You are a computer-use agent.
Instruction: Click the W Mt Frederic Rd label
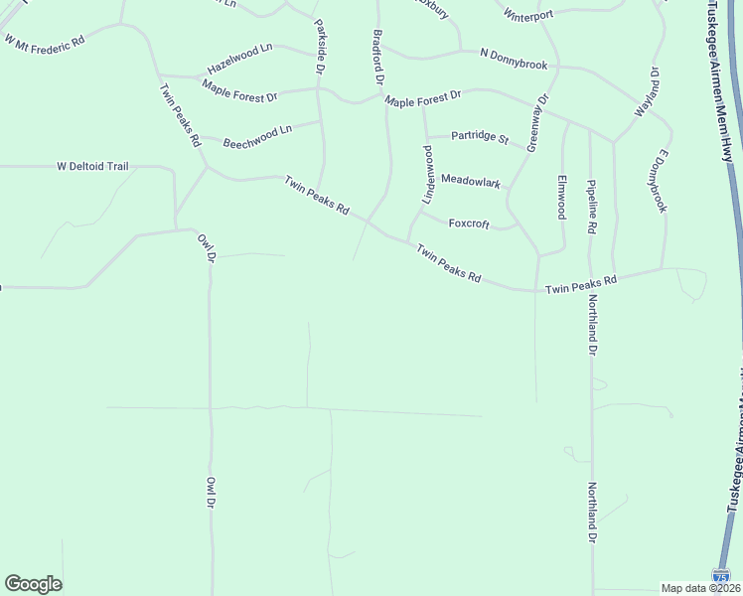pos(45,42)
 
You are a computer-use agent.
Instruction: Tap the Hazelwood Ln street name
pos(239,59)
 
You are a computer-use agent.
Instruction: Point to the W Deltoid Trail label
pos(92,166)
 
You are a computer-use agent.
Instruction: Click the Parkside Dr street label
pos(319,47)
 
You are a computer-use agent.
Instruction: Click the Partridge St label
pos(480,136)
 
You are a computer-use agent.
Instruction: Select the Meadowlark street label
pos(471,181)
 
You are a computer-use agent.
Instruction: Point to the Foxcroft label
pos(469,223)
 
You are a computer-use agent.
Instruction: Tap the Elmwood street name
pos(561,197)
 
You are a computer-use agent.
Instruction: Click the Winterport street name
pos(527,16)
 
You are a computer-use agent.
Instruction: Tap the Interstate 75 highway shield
pos(722,576)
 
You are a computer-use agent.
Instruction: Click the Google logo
pos(33,584)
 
